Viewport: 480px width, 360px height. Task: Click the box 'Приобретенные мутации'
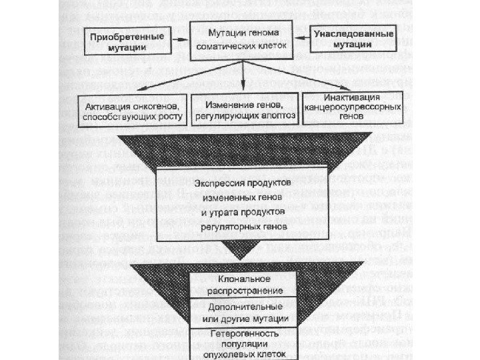pos(127,41)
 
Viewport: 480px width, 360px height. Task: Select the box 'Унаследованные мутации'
pos(353,39)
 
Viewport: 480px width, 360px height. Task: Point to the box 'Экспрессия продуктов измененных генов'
pos(241,203)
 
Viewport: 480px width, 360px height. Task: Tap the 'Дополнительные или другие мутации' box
pos(243,313)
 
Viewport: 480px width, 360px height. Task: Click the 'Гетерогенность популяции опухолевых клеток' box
pos(243,343)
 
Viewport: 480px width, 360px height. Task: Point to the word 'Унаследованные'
pos(353,33)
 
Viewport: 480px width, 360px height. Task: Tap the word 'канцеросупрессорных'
pos(352,107)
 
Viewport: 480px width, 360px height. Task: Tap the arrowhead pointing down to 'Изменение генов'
pos(243,89)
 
